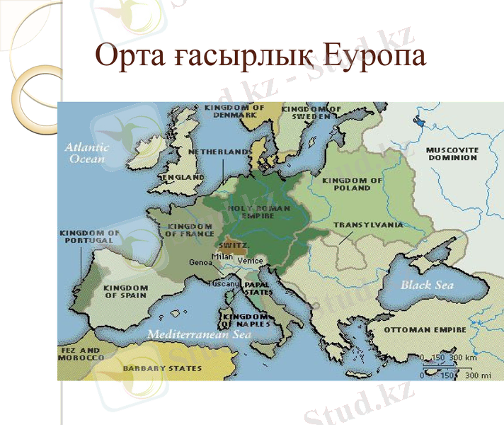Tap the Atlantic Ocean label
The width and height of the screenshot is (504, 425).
coord(87,153)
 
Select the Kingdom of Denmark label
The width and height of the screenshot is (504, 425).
coord(234,111)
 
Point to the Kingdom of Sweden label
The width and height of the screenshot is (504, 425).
coord(311,112)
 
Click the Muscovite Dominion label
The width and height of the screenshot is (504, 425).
coord(452,154)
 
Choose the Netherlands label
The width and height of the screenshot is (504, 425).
coord(220,152)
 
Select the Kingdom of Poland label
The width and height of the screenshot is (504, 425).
coord(352,184)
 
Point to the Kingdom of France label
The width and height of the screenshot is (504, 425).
coord(189,230)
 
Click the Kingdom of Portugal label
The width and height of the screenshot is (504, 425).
coord(90,237)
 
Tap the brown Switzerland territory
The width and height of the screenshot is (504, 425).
coord(241,250)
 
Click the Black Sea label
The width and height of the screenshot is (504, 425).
coord(426,285)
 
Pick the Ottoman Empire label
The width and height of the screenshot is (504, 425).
coord(425,330)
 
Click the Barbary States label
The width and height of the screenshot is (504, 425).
coord(152,369)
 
